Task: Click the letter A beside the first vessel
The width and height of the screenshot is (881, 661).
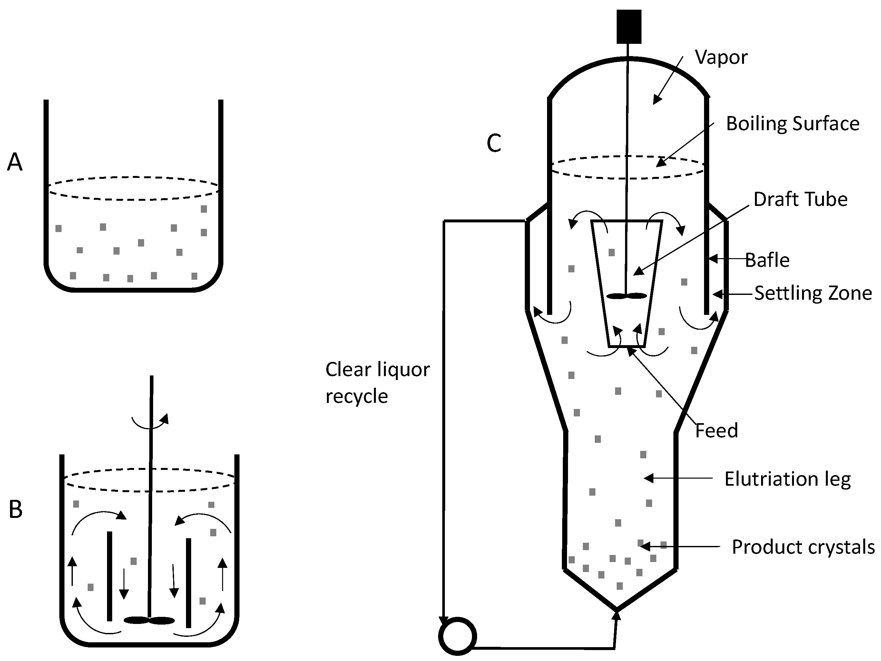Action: coord(15,162)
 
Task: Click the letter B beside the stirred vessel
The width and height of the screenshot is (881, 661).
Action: coord(15,509)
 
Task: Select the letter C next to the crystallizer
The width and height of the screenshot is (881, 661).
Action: coord(494,143)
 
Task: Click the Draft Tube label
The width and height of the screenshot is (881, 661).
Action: coord(800,199)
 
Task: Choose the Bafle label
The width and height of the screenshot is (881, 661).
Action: coord(767,260)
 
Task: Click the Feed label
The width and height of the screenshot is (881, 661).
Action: coord(716,431)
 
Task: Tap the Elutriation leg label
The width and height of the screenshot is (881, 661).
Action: coord(788,479)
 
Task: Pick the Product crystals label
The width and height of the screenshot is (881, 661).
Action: coord(803,547)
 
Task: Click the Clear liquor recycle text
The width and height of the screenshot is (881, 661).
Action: coord(377,383)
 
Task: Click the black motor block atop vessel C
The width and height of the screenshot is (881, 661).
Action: coord(629,27)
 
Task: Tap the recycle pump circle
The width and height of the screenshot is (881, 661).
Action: coord(458,636)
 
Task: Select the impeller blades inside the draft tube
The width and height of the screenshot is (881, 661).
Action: coord(626,296)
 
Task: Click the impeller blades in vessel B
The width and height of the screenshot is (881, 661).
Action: coord(149,620)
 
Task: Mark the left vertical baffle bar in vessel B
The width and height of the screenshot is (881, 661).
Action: coord(110,576)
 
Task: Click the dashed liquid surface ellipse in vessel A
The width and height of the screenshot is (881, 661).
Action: coord(133,188)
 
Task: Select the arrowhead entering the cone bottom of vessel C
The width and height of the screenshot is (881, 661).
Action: coord(617,616)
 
